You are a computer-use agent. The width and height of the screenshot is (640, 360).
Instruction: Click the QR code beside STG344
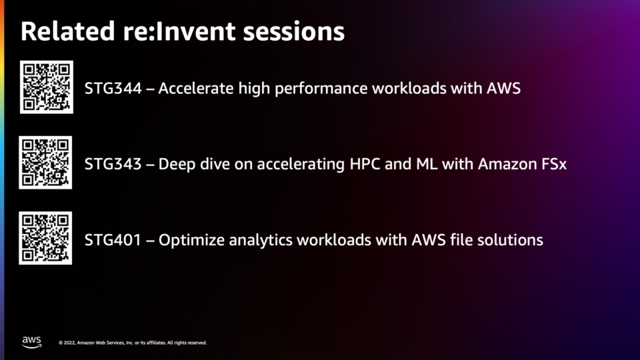click(47, 87)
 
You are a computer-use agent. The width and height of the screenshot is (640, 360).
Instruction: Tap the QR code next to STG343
click(45, 163)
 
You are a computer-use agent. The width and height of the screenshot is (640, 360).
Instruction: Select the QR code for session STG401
click(45, 238)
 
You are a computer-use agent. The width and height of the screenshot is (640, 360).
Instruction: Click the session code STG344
click(113, 88)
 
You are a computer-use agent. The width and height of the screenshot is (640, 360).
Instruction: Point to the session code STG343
click(113, 164)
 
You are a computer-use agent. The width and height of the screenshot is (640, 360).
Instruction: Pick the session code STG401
click(113, 239)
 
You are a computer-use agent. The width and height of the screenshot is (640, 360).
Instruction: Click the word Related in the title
click(68, 31)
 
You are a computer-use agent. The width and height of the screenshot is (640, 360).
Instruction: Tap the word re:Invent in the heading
click(179, 31)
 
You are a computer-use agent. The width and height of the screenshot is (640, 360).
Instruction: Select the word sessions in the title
click(294, 32)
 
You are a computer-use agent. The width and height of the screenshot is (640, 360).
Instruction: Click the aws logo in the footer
click(32, 342)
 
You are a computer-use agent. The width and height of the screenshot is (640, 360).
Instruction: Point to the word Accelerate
click(196, 88)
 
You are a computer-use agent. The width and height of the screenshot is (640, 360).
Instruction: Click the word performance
click(321, 89)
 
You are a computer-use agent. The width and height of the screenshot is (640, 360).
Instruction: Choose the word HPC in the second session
click(365, 164)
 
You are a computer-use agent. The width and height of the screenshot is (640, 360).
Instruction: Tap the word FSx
click(554, 164)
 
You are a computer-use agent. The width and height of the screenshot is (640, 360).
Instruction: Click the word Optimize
click(191, 240)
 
